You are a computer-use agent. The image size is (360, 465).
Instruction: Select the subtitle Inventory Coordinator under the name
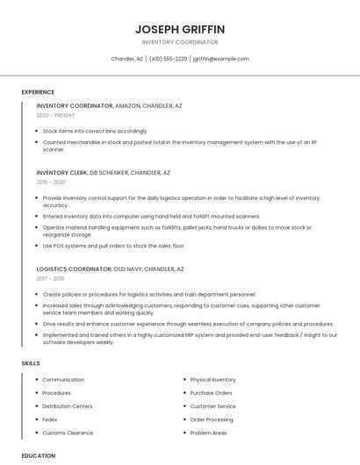point(179,42)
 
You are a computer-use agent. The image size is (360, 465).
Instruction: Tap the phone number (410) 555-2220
point(168,59)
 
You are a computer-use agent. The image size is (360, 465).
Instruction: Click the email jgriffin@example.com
point(220,59)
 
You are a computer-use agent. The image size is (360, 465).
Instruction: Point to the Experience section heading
point(38,92)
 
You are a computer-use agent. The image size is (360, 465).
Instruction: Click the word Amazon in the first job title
point(127,105)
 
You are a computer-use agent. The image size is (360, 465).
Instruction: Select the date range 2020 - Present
point(55,116)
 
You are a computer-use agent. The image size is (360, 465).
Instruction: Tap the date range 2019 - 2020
point(51,182)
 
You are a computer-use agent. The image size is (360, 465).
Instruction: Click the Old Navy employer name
point(128,268)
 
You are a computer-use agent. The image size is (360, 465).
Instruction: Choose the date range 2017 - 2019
point(51,278)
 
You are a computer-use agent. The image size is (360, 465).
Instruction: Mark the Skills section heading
point(31,362)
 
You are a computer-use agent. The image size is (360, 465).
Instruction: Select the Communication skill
point(63,380)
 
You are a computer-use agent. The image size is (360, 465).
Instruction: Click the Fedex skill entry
point(50,419)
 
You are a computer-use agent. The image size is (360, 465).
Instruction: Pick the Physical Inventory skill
point(212,380)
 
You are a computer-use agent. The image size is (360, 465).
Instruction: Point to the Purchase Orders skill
point(211,393)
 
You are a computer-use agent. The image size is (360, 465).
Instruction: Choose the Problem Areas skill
point(208,433)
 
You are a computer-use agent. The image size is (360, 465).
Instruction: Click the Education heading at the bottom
point(38,455)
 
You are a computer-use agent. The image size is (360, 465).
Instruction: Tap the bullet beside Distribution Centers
point(36,406)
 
